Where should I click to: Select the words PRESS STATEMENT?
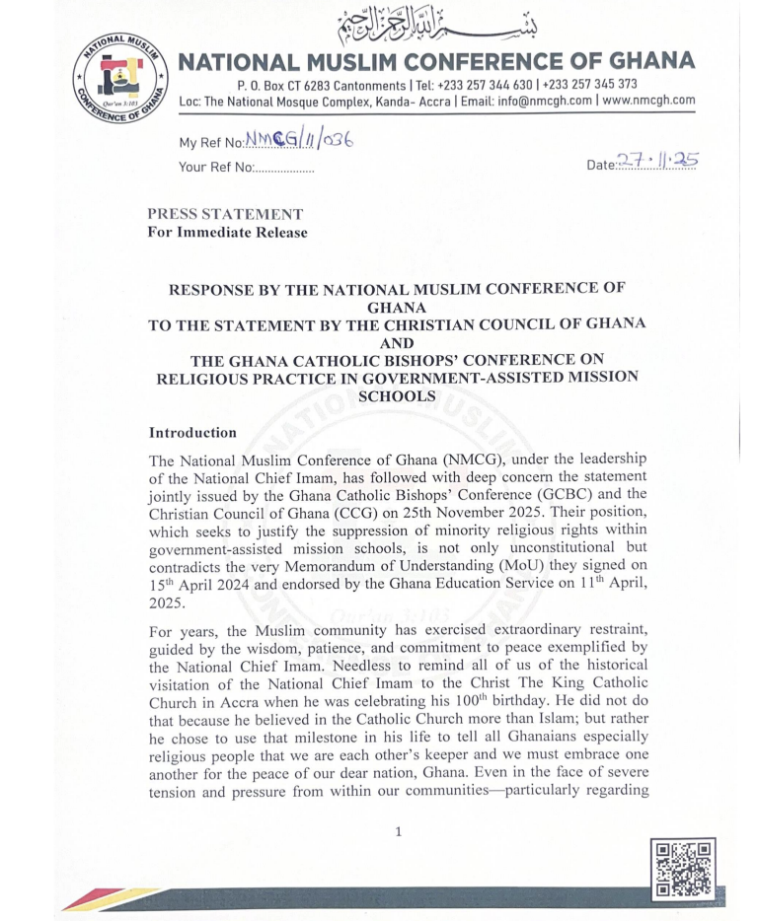click(x=225, y=214)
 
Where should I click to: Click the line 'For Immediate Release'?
click(x=227, y=233)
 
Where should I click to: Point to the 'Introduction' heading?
click(x=192, y=432)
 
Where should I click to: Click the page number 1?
click(x=398, y=831)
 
